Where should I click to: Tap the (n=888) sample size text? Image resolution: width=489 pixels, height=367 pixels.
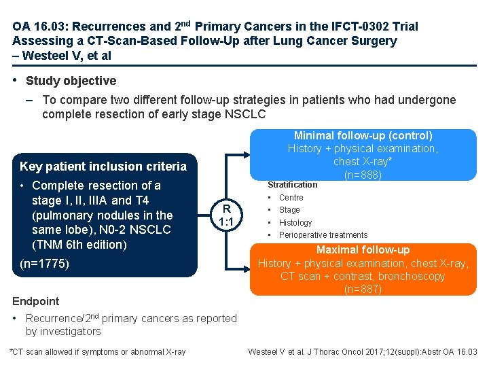click(x=363, y=175)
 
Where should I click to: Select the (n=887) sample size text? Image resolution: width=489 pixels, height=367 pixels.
click(x=363, y=289)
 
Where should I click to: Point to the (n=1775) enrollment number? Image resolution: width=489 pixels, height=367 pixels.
click(x=45, y=263)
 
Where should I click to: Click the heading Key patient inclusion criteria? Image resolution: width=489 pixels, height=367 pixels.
click(x=103, y=167)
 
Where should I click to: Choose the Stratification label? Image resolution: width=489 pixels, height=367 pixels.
click(x=292, y=184)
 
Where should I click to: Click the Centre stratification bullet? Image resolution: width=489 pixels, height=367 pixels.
click(x=291, y=198)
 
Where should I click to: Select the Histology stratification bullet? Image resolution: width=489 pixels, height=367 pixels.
click(x=295, y=223)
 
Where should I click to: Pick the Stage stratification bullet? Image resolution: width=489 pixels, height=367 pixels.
click(x=289, y=210)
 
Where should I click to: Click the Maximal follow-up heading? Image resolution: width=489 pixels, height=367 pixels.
click(x=363, y=250)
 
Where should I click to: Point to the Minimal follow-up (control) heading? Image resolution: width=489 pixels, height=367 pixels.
click(x=363, y=135)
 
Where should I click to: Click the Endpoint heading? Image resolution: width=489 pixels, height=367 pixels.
click(x=36, y=301)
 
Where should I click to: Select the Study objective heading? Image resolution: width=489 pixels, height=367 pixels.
click(x=71, y=81)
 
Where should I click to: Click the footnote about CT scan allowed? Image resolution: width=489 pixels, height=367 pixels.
click(x=97, y=351)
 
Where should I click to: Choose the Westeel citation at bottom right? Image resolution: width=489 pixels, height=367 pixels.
click(x=363, y=351)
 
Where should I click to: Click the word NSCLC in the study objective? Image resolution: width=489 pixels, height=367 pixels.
click(x=242, y=114)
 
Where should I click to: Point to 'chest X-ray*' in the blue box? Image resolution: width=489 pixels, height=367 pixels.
click(x=363, y=162)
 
